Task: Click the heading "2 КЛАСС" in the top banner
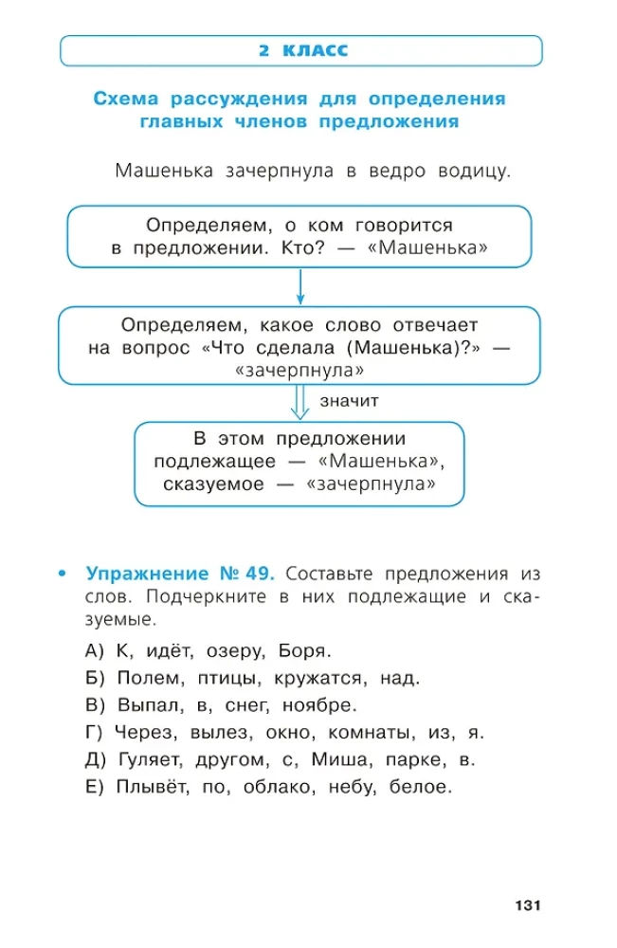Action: (x=302, y=50)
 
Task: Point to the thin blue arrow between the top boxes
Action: (x=299, y=287)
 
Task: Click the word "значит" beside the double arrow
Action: (x=349, y=401)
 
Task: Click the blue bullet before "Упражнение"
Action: (x=63, y=574)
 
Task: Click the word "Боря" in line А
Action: (x=305, y=651)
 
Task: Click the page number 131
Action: (x=527, y=906)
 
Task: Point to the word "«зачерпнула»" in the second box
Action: (x=299, y=370)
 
